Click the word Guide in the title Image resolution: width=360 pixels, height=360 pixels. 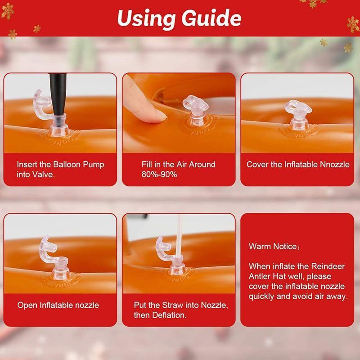pos(211,19)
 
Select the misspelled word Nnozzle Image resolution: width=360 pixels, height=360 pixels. pos(333,164)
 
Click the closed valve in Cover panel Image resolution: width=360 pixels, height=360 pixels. pos(297,115)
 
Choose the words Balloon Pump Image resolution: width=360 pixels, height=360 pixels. pos(79,164)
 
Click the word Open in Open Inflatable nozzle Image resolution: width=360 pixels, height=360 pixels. pos(27,305)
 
